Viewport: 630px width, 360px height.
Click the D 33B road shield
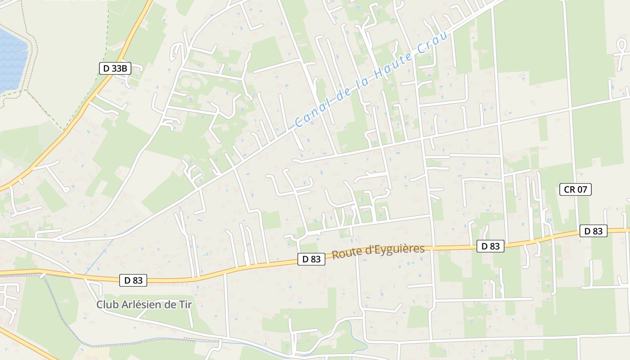pyautogui.click(x=115, y=68)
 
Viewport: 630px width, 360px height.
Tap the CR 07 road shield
pyautogui.click(x=575, y=189)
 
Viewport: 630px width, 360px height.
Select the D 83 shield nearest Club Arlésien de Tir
pyautogui.click(x=133, y=280)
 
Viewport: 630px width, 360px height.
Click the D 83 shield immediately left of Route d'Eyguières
pyautogui.click(x=311, y=259)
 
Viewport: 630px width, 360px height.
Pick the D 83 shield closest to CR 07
pyautogui.click(x=593, y=231)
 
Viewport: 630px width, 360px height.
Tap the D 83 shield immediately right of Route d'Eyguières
pyautogui.click(x=490, y=246)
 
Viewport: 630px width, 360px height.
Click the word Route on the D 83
pyautogui.click(x=346, y=253)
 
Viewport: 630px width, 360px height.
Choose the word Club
pyautogui.click(x=107, y=305)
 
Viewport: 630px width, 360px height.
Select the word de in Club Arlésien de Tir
pyautogui.click(x=170, y=305)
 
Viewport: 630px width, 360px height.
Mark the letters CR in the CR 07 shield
pyautogui.click(x=569, y=189)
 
